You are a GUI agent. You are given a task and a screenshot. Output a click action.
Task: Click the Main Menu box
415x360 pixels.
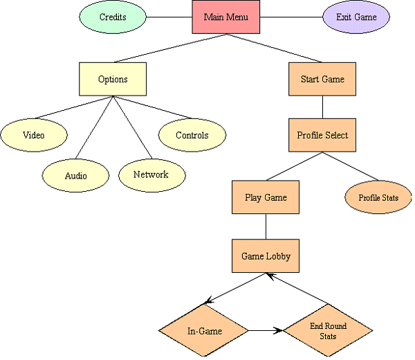[225, 17]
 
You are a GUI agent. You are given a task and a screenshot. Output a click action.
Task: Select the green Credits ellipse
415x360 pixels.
[113, 17]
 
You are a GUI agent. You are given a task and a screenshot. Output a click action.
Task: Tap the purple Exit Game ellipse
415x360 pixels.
[357, 17]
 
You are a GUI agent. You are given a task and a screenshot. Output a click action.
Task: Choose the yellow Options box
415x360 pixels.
[113, 79]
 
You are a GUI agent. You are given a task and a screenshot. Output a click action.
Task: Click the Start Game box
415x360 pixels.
[322, 79]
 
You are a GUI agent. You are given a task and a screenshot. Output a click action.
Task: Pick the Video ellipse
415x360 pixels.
[33, 135]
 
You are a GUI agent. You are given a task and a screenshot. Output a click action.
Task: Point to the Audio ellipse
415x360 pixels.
[76, 175]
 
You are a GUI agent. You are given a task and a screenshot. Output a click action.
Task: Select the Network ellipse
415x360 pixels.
[150, 174]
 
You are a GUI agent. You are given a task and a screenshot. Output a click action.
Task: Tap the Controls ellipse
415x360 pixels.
[192, 135]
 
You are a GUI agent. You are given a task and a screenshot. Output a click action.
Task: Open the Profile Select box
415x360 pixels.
[322, 135]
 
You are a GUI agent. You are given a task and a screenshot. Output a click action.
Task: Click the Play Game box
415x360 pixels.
[266, 197]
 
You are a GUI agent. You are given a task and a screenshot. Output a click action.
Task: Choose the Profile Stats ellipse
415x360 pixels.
[378, 198]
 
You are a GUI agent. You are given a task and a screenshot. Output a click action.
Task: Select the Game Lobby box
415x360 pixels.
[266, 256]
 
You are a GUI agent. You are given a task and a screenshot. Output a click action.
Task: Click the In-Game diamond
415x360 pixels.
[205, 331]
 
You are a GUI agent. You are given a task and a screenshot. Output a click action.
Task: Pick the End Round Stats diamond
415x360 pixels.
[329, 331]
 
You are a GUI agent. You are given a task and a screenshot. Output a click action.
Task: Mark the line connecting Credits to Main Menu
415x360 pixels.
[169, 17]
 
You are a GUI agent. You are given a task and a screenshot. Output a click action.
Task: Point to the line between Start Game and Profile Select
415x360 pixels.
[322, 107]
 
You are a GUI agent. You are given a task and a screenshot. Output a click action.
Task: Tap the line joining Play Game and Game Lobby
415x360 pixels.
[266, 227]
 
